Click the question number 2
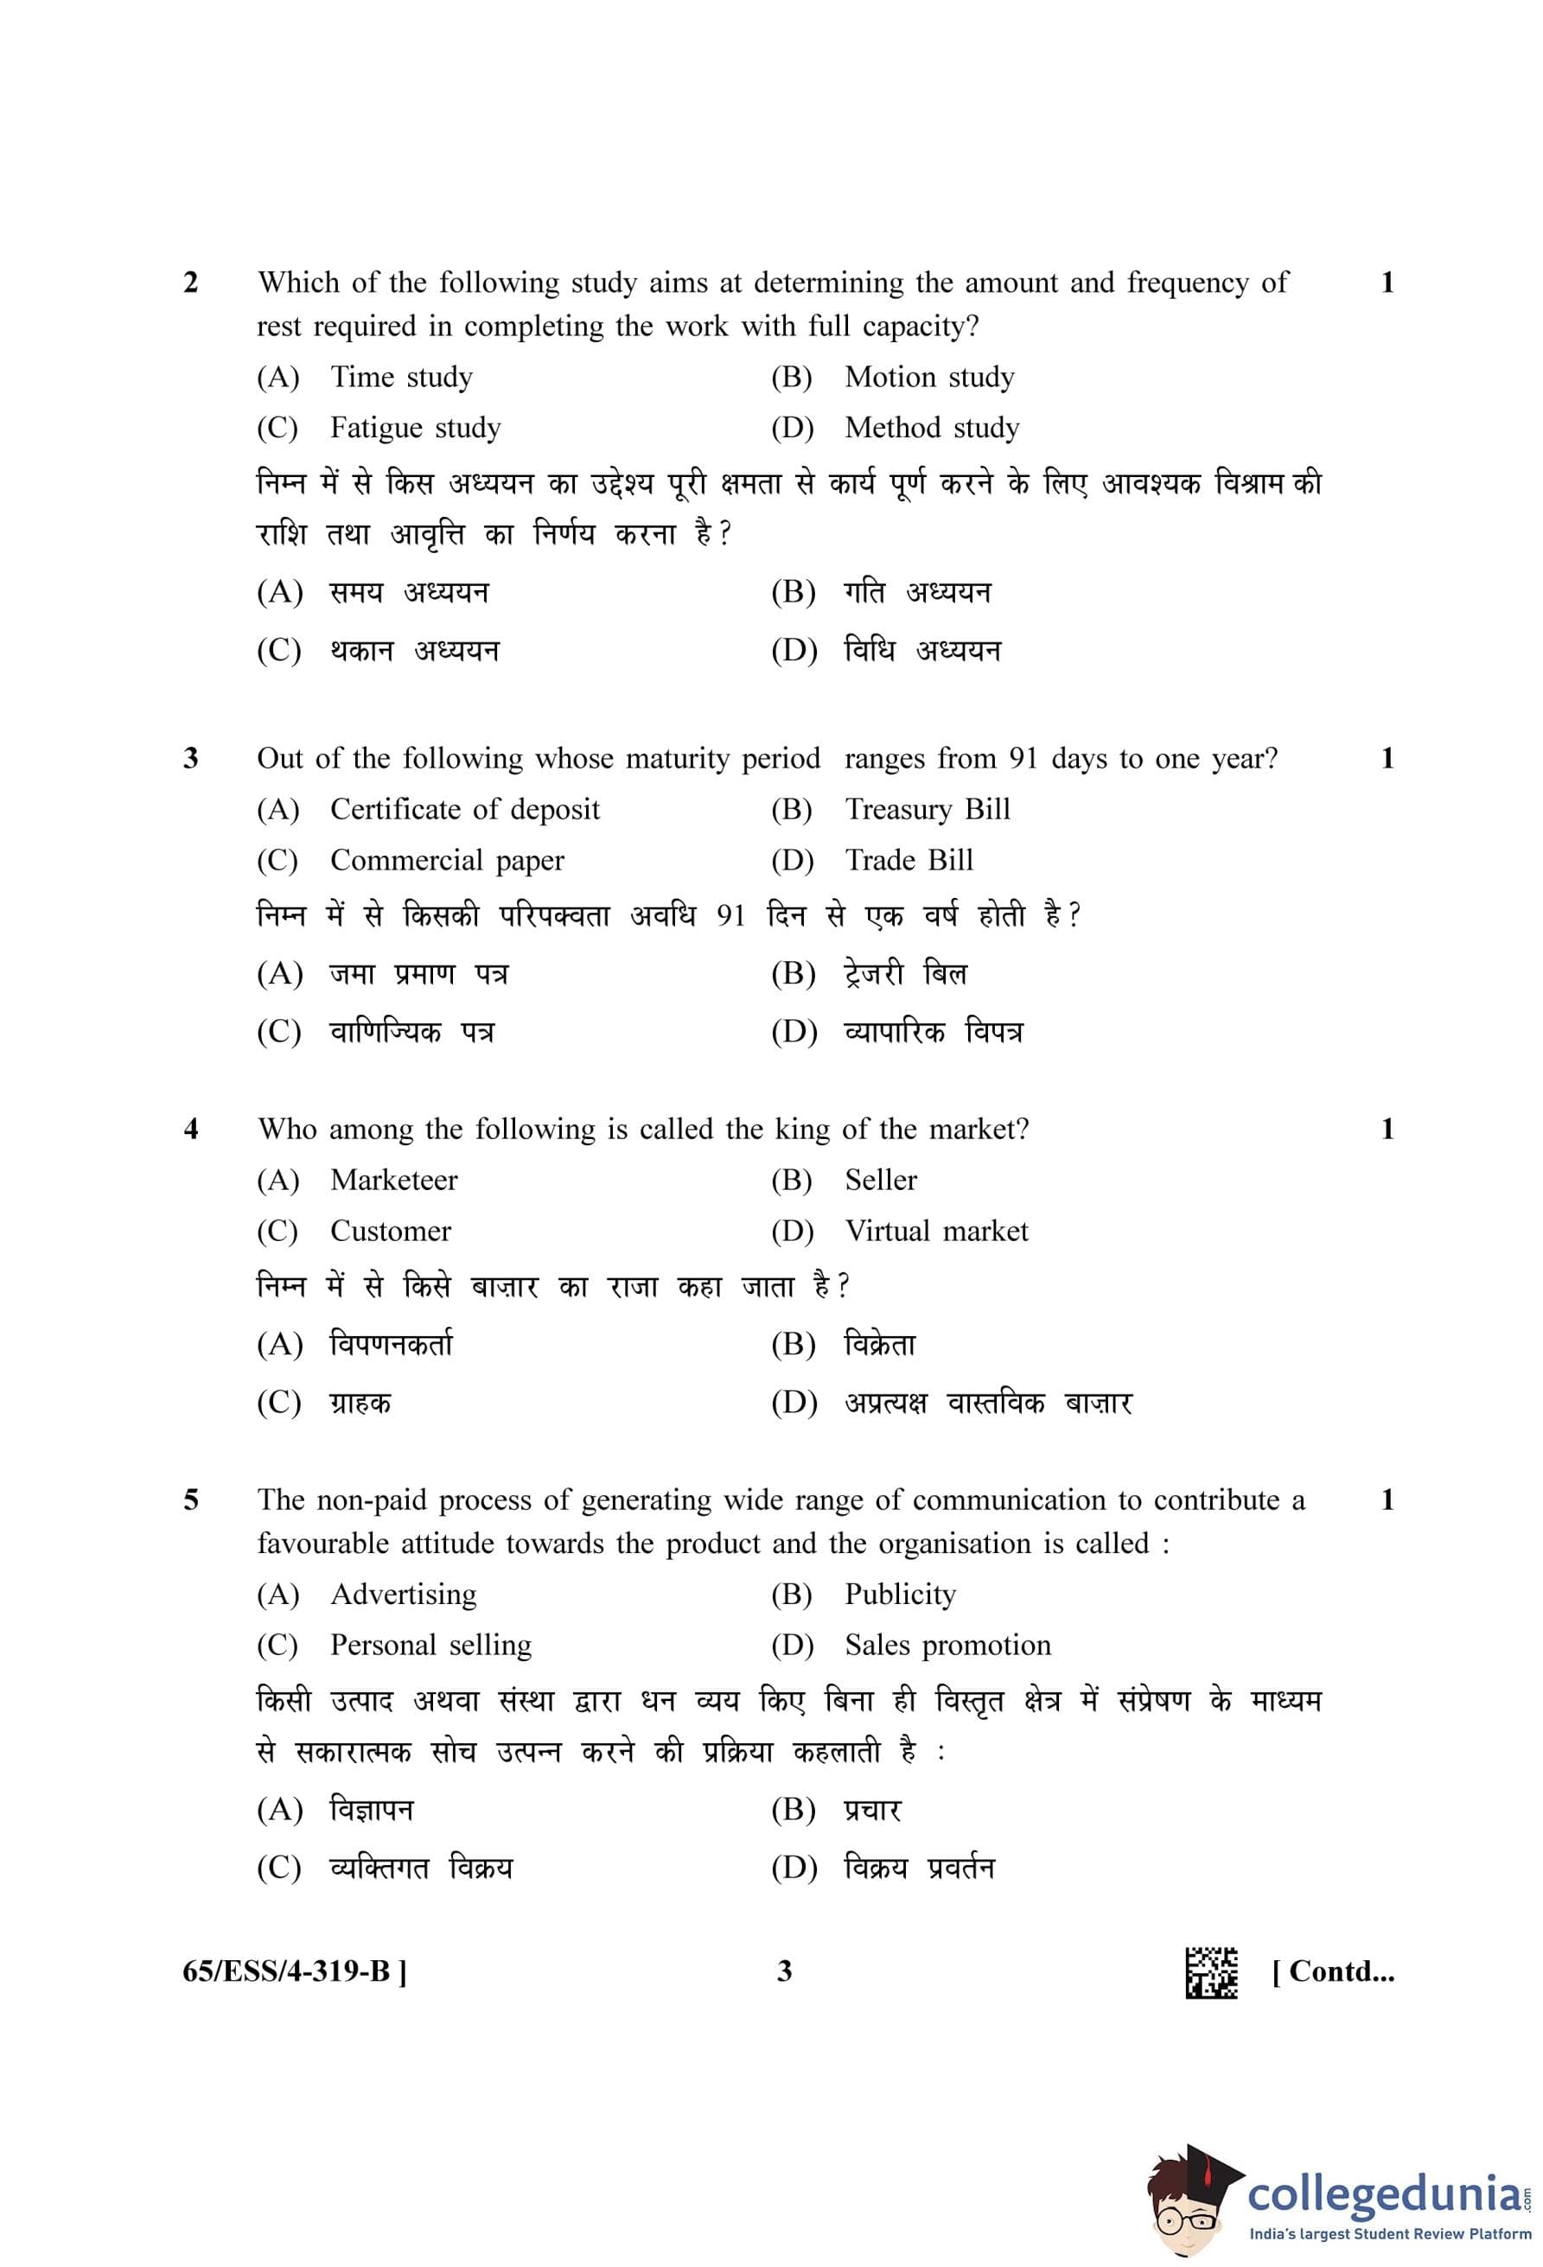pyautogui.click(x=190, y=283)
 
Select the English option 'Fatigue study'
pyautogui.click(x=415, y=427)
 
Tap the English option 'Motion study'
pyautogui.click(x=928, y=377)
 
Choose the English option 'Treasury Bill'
pyautogui.click(x=927, y=809)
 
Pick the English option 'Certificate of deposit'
pyautogui.click(x=464, y=809)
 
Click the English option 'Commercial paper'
pyautogui.click(x=447, y=859)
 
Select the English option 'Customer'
pyautogui.click(x=390, y=1230)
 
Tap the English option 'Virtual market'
pyautogui.click(x=935, y=1230)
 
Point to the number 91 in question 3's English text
pyautogui.click(x=1023, y=758)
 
